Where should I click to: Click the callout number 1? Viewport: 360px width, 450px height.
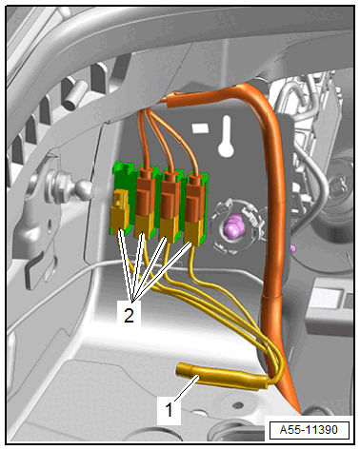[x=169, y=409]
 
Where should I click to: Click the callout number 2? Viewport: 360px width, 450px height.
[x=129, y=315]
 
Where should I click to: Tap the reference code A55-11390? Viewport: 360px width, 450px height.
[x=309, y=430]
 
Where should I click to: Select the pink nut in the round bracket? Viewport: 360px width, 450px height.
[x=232, y=225]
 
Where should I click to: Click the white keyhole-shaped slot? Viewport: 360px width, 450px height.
[x=226, y=137]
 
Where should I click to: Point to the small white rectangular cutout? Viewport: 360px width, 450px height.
[x=201, y=128]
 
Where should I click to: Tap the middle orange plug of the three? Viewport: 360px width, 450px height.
[x=170, y=195]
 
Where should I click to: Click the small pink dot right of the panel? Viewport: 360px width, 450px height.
[x=293, y=248]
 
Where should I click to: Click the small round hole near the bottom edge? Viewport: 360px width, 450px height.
[x=237, y=405]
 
